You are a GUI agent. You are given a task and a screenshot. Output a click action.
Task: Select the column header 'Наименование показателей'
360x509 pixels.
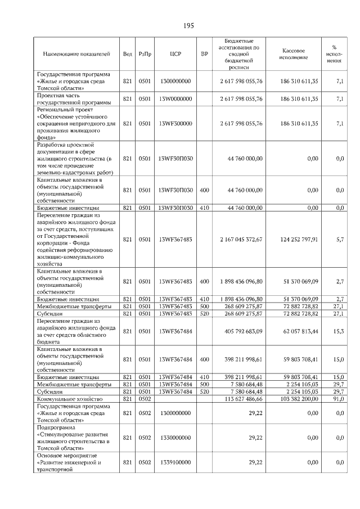tap(76, 54)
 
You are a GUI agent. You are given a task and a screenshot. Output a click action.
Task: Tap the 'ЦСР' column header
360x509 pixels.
tap(175, 54)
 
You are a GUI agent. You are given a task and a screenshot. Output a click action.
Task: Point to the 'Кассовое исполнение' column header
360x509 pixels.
tap(292, 54)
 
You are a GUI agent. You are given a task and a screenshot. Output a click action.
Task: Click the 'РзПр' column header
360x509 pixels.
tap(145, 54)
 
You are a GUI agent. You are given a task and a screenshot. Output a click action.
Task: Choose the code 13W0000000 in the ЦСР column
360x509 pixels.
tap(175, 99)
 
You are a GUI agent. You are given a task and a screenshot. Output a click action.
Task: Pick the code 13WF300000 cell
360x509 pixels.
tap(175, 123)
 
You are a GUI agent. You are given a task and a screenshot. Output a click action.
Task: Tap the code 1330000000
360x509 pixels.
tap(175, 437)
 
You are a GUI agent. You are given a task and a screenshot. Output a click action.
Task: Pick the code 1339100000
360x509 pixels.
tap(175, 462)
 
